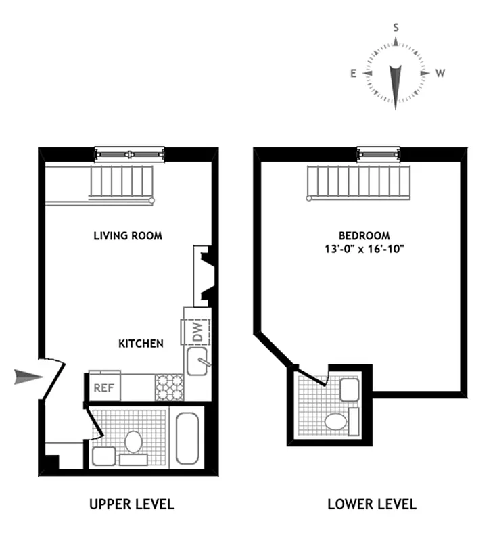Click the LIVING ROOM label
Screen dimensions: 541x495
pos(128,236)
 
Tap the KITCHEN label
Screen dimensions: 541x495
pos(141,344)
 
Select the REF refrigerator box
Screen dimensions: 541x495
pos(103,388)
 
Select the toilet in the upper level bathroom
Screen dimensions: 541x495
pos(134,442)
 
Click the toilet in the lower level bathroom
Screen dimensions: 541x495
pos(335,422)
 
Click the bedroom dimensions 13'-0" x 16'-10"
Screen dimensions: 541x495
pos(364,249)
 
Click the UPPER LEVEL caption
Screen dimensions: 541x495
pos(132,504)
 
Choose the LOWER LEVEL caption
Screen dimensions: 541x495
pos(372,504)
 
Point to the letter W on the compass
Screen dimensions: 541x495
pos(440,74)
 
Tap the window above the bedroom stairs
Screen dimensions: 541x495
pos(379,154)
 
